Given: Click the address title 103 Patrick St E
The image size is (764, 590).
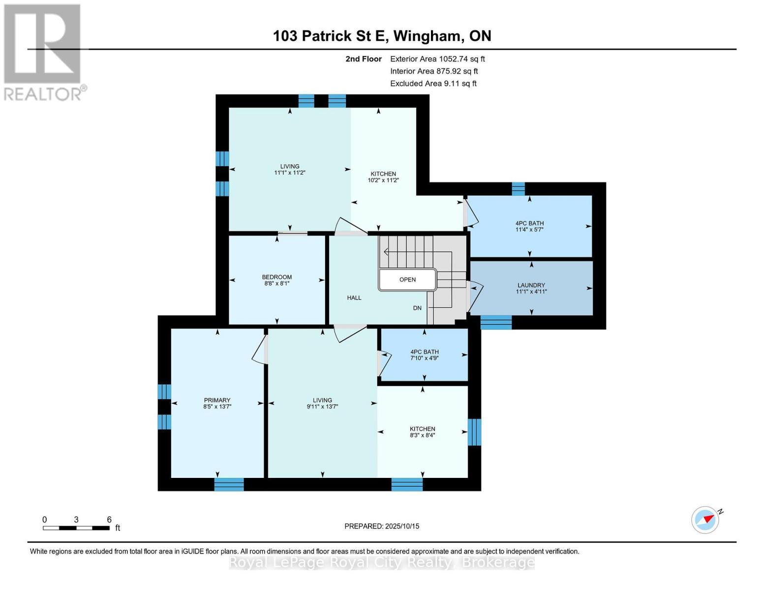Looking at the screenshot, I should (382, 36).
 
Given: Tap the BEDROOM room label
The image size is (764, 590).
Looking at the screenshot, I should (276, 277).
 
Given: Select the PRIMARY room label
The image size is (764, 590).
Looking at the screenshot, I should (217, 400).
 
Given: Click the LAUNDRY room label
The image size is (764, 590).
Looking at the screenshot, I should (531, 285).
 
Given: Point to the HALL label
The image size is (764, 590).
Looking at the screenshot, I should (354, 297).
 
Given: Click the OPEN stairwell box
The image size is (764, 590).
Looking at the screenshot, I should (407, 280).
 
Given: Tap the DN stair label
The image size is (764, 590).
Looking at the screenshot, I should (417, 308).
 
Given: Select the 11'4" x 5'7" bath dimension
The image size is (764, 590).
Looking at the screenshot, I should (529, 230).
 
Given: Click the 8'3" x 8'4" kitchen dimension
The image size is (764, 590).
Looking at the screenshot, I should (422, 435).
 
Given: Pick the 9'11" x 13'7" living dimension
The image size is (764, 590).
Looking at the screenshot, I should (322, 407).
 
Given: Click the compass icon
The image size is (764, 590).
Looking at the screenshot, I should (705, 519).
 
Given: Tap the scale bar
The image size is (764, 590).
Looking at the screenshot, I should (76, 528).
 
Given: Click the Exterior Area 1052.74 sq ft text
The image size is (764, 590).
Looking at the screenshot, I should (437, 59).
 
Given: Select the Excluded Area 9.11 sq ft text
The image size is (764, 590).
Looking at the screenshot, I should (433, 84).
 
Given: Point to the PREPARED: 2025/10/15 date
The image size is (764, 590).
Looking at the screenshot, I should (382, 526).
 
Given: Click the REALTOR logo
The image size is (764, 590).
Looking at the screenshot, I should (43, 52).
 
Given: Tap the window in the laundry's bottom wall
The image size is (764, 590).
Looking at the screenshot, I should (496, 323).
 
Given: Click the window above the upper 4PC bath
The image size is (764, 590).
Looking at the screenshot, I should (518, 189).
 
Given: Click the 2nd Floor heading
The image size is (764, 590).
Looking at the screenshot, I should (364, 59).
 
